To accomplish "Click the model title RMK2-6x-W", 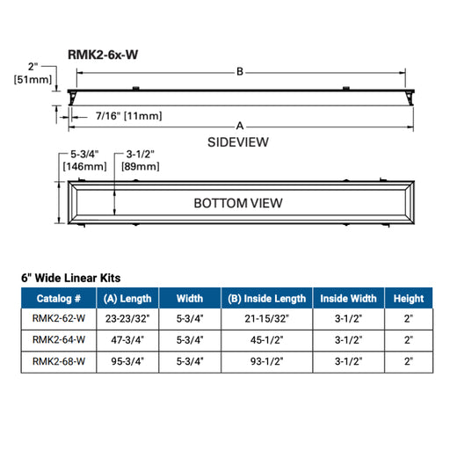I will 103,54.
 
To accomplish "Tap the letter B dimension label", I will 239,72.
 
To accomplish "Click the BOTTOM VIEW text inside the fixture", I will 238,203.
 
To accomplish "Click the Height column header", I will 409,299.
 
